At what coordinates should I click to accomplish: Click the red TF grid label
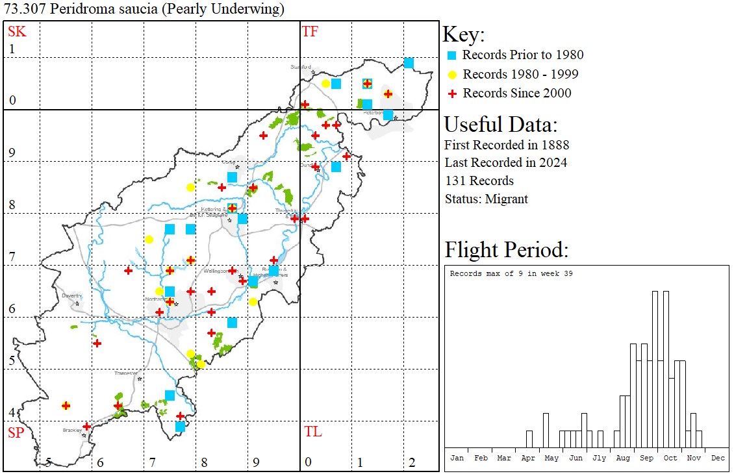[x=310, y=31]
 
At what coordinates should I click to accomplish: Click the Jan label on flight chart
[x=457, y=458]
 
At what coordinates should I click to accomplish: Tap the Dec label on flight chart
[x=717, y=458]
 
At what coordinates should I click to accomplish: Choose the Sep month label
[x=646, y=458]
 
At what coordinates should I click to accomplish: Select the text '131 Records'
[x=479, y=181]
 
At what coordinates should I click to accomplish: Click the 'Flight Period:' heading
[x=507, y=250]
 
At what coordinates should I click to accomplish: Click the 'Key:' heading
[x=463, y=34]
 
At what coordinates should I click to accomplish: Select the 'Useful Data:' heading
[x=500, y=124]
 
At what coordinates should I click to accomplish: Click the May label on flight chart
[x=551, y=458]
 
